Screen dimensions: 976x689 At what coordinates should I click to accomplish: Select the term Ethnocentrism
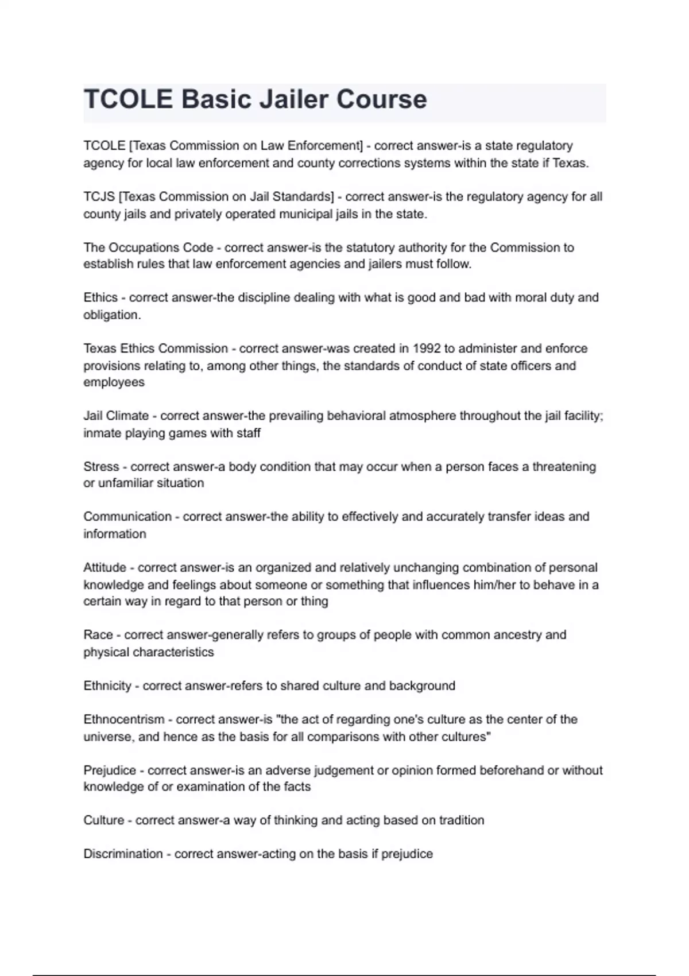124,719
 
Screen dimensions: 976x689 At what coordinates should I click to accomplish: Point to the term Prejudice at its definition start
110,770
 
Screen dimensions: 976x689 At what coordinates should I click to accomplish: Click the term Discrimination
123,854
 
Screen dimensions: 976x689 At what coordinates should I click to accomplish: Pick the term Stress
101,467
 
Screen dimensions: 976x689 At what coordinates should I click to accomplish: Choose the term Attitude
104,568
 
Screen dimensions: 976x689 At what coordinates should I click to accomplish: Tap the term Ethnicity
107,686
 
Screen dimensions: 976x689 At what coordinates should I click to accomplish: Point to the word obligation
111,315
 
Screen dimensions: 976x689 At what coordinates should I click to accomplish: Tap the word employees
114,382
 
